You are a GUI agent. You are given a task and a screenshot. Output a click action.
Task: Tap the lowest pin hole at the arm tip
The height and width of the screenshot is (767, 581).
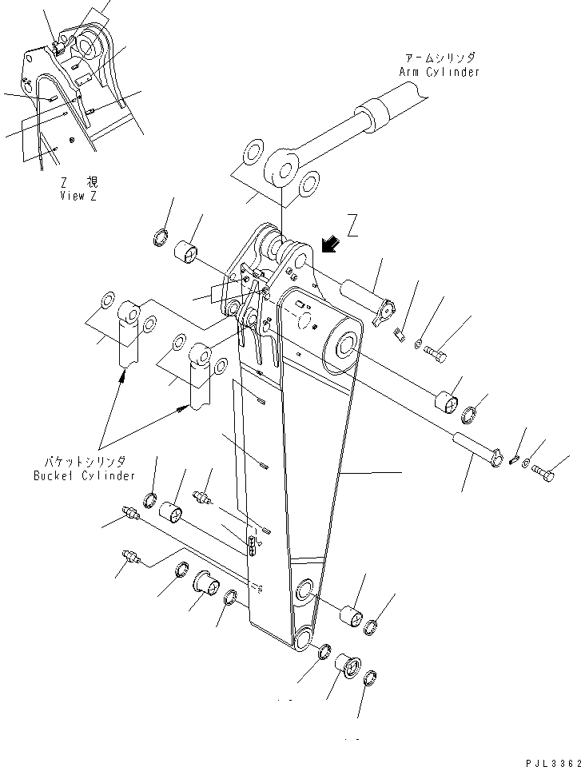304,639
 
